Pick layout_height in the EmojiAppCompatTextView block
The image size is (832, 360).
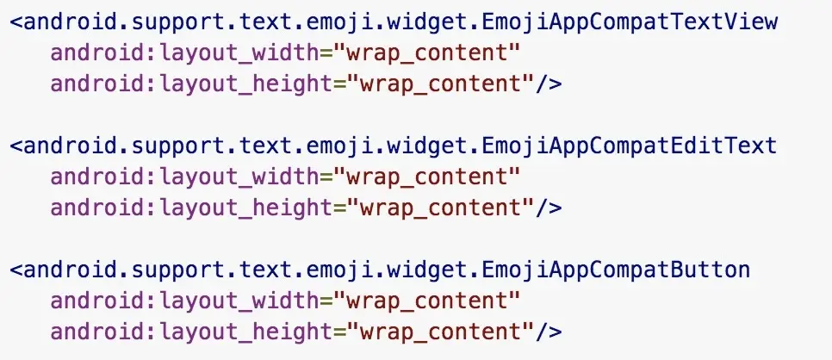point(251,84)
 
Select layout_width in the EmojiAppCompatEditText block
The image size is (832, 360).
point(245,177)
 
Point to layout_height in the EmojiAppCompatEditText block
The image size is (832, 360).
point(251,208)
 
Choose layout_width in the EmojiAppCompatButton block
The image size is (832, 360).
point(245,301)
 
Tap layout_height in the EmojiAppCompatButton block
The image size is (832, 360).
point(251,332)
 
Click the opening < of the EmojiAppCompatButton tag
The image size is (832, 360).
point(16,270)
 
